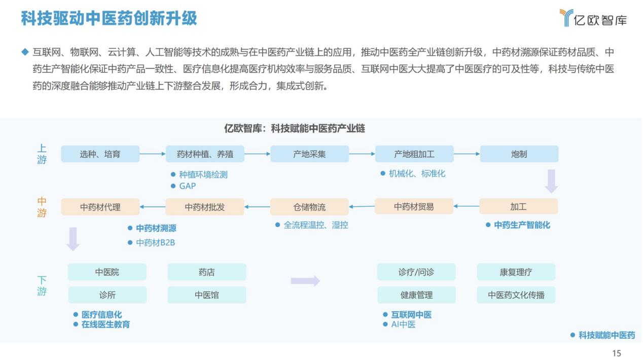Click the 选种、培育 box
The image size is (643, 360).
[x=100, y=154]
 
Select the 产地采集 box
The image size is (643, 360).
[x=309, y=154]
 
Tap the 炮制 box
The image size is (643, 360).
[x=519, y=154]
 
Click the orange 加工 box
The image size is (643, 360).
[x=518, y=206]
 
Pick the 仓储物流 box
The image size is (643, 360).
[x=309, y=207]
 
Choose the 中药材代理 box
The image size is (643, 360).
[x=100, y=207]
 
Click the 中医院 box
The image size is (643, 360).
[x=107, y=272]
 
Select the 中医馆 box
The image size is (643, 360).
[x=207, y=295]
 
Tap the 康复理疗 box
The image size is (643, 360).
[x=516, y=272]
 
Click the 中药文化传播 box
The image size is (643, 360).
[x=516, y=295]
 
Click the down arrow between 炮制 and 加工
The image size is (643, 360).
[x=551, y=181]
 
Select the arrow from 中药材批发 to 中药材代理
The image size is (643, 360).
[x=152, y=206]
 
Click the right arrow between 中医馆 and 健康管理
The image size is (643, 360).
[x=305, y=281]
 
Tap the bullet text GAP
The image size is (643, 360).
[x=187, y=186]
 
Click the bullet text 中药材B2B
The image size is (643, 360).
[x=155, y=243]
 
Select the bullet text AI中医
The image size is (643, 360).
[x=403, y=325]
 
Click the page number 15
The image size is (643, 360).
[x=617, y=353]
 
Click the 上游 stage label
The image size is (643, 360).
[x=42, y=154]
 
